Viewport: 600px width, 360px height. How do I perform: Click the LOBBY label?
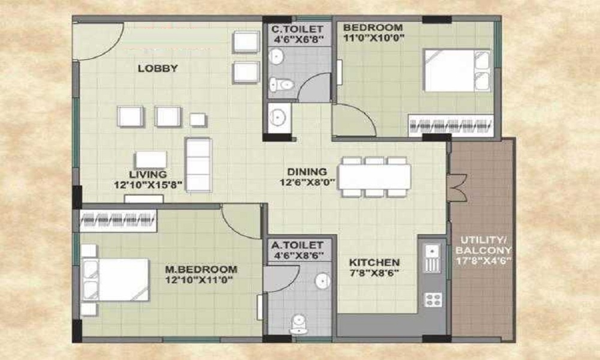point(158,68)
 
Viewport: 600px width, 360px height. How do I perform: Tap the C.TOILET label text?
point(298,29)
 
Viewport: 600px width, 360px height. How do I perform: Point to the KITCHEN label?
point(374,263)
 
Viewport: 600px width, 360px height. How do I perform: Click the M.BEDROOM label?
point(201,269)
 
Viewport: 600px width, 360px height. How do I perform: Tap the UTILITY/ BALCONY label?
point(483,244)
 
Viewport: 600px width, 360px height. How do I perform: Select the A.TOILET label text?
point(298,245)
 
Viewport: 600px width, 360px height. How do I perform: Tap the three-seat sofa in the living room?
point(197,164)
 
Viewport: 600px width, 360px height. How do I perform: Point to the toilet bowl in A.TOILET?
point(298,325)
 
